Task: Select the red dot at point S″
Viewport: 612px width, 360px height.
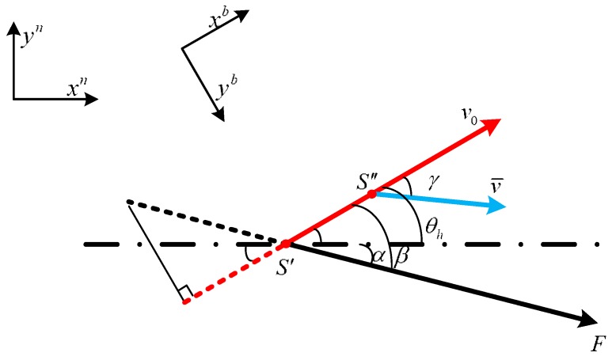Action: [372, 192]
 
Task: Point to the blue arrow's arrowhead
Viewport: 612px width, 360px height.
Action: [499, 207]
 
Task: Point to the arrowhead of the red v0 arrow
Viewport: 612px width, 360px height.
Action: [492, 123]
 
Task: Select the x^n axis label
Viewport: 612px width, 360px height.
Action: [77, 89]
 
